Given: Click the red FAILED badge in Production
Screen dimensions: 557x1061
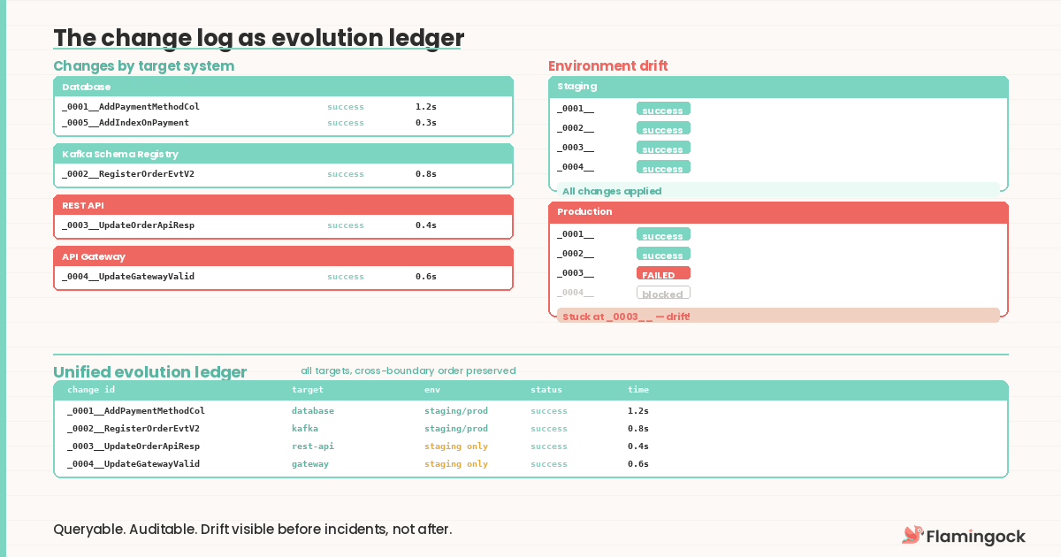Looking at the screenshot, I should coord(663,274).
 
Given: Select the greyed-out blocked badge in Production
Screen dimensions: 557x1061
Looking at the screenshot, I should coord(663,294).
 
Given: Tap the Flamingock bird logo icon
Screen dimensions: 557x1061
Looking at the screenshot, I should coord(912,535).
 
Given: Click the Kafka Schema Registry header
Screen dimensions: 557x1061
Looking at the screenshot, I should coord(283,154).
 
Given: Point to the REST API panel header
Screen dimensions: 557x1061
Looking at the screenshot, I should coord(283,205).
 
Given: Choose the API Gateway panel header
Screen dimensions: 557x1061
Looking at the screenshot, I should coord(283,256).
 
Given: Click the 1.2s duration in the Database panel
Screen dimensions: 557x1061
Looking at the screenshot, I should coord(426,107).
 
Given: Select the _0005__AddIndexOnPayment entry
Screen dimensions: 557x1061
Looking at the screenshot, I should coord(126,123).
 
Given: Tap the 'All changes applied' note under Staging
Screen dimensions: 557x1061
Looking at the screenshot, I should coord(612,191).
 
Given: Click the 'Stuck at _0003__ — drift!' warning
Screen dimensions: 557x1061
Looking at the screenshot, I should coord(626,316).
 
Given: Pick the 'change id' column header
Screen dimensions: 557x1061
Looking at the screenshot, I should coord(91,390).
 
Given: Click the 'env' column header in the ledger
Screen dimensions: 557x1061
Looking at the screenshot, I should coord(432,390).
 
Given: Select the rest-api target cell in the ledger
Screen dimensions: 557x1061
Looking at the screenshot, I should coord(313,446).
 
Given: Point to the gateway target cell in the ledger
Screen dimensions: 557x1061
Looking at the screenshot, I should coord(310,464).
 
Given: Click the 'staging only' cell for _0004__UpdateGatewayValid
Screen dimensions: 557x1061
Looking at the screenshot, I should coord(456,464).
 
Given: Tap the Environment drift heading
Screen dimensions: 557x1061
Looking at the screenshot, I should coord(608,66).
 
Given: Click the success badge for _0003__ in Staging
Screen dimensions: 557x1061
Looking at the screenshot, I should coord(663,149).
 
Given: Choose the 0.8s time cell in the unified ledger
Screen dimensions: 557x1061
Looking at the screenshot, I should coord(638,429).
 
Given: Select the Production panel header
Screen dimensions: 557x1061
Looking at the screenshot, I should coord(778,212).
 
